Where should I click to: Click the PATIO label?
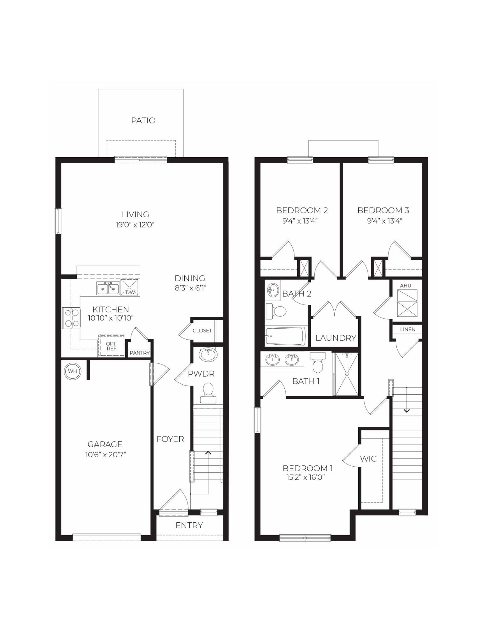[143, 120]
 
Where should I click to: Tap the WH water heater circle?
[72, 371]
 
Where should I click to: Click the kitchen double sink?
[108, 289]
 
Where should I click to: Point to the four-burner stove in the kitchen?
[71, 318]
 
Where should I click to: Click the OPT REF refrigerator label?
[111, 346]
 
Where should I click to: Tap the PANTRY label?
[140, 353]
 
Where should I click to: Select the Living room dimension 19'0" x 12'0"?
[135, 225]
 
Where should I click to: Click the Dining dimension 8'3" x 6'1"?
[190, 288]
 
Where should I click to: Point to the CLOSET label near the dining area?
[202, 331]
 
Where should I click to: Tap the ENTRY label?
[189, 526]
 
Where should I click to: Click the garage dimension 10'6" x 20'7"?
[105, 454]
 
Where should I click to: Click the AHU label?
[405, 286]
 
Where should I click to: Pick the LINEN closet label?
[408, 329]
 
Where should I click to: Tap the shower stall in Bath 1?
[346, 374]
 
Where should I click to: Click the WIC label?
[368, 459]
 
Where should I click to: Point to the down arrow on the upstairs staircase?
[406, 410]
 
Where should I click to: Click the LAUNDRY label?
[336, 338]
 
